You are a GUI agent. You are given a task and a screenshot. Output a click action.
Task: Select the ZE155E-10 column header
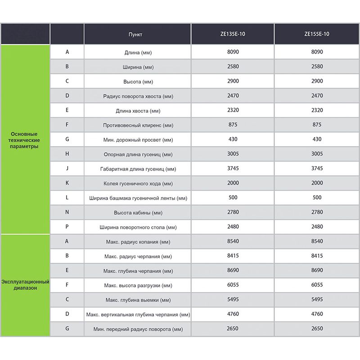point(317,34)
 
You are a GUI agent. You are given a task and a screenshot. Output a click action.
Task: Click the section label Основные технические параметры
point(24,140)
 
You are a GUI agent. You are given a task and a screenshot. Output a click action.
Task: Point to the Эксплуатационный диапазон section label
point(25,284)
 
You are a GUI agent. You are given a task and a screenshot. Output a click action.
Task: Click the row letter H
point(67,154)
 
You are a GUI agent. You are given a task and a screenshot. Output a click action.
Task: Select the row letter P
point(67,227)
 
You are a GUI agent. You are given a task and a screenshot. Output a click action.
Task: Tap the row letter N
point(67,212)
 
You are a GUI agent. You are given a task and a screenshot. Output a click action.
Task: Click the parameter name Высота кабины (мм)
point(138,212)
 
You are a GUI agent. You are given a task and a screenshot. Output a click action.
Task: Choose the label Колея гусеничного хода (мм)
point(138,184)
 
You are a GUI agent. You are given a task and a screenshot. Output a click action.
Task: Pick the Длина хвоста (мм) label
point(138,111)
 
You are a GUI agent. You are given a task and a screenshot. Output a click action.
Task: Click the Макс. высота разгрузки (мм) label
point(138,285)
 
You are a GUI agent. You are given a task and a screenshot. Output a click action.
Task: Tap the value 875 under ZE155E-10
point(317,125)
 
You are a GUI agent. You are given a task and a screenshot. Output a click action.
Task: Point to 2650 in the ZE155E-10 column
point(317,328)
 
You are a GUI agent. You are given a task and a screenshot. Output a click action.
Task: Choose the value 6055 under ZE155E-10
point(317,285)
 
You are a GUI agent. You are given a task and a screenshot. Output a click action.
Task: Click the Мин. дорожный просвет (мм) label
point(138,140)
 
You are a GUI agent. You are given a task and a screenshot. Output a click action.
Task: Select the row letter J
point(67,169)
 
